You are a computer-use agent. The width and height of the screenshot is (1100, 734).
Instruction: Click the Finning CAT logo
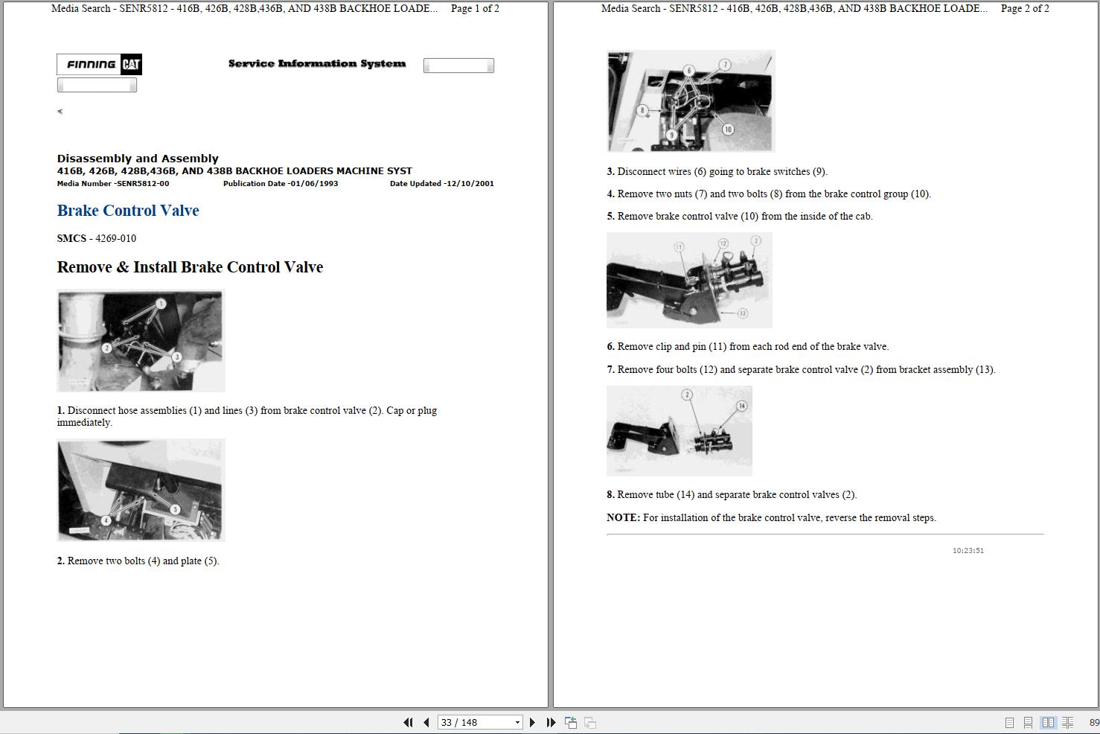[x=99, y=65]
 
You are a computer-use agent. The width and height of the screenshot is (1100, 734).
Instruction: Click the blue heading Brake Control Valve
[x=128, y=211]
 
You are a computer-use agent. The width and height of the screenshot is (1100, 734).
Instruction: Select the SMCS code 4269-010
[x=115, y=239]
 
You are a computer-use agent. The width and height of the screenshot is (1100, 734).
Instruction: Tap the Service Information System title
[x=317, y=64]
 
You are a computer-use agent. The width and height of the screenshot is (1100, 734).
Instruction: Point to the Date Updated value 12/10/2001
[x=469, y=184]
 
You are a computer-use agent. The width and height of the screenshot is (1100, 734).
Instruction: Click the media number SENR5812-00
[x=144, y=184]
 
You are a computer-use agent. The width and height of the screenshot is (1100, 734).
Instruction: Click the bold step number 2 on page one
[x=61, y=561]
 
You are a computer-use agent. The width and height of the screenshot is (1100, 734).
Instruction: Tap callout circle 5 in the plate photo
[x=175, y=509]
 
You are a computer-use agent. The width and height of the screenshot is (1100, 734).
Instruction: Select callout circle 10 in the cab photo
[x=728, y=130]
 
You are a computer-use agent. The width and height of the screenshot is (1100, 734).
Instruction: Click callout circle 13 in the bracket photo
[x=742, y=313]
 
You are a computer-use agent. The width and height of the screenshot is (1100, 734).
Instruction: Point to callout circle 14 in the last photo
[x=741, y=406]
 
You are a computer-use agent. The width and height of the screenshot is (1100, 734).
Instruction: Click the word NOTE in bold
[x=623, y=518]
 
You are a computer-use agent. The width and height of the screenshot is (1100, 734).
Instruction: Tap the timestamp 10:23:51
[x=968, y=551]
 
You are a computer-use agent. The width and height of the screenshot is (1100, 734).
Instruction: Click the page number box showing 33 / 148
[x=479, y=722]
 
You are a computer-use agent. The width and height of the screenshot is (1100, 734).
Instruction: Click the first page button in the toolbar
[x=408, y=722]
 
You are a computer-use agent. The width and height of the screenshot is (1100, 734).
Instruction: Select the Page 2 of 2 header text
[x=1025, y=9]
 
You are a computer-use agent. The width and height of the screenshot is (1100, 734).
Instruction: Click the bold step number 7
[x=610, y=370]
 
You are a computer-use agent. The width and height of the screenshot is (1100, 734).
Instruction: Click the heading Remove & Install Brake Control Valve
[x=190, y=267]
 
